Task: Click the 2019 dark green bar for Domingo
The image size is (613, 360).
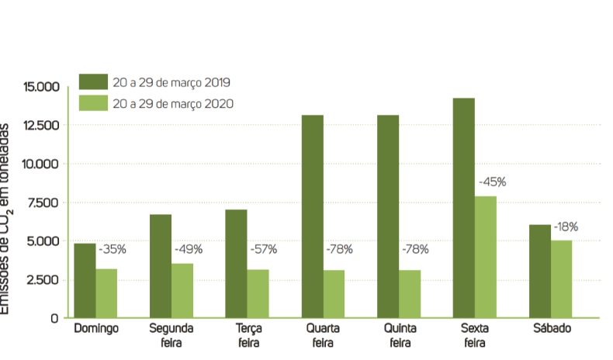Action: pos(85,280)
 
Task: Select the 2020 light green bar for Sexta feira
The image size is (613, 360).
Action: pos(485,257)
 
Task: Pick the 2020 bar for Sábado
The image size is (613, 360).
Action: pos(561,279)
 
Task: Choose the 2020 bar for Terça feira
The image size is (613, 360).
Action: pos(258,293)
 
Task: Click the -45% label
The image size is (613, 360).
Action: pos(492,182)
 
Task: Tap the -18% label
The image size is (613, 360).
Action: pos(566,227)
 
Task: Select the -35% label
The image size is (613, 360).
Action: pos(112,249)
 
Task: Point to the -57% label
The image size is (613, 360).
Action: pos(264,249)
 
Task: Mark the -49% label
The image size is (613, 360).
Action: pos(188,249)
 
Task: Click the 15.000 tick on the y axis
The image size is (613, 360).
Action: pos(41,86)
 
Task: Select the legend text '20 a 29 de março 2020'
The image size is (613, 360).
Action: pos(172,103)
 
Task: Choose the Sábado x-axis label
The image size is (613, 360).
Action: pos(552,329)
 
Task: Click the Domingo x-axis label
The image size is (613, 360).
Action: pos(96,329)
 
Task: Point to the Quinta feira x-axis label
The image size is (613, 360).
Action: pos(400,334)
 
